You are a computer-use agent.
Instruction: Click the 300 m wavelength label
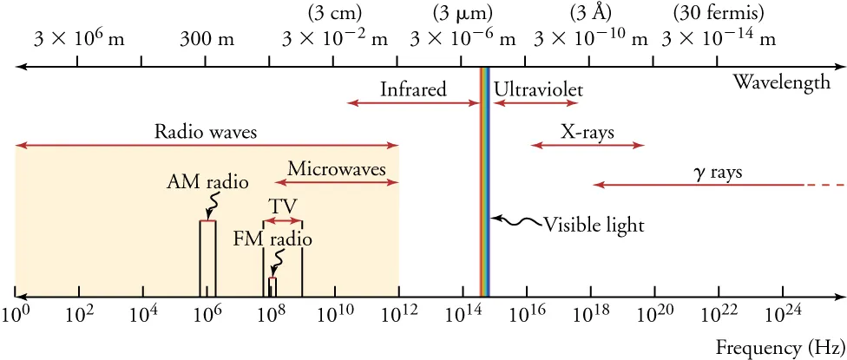point(207,39)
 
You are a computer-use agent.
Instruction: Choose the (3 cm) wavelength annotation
point(335,13)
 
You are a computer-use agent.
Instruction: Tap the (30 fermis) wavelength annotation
point(719,13)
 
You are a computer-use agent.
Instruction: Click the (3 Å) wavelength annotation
point(590,13)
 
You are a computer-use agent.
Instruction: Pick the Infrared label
point(413,89)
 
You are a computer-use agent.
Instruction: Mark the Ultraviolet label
point(538,89)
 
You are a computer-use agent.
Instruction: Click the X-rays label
point(588,133)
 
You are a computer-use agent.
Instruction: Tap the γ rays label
point(718,172)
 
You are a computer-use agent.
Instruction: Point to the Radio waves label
point(206,133)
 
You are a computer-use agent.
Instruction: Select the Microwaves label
point(337,169)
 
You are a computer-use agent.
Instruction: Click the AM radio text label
point(207,183)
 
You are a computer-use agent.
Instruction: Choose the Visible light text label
point(594,226)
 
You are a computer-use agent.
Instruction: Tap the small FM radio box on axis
point(272,287)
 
